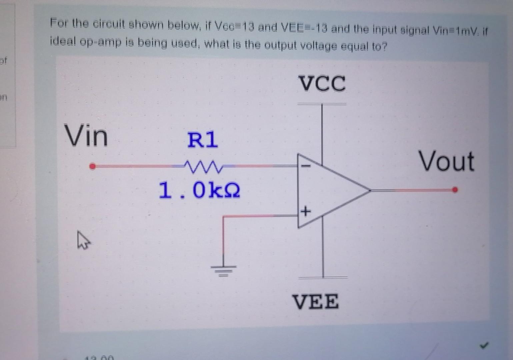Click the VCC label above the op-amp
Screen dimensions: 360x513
tap(322, 83)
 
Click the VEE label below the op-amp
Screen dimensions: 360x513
tap(316, 301)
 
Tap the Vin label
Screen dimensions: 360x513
tap(86, 135)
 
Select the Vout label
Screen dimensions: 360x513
tap(446, 161)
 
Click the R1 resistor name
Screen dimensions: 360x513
tap(202, 140)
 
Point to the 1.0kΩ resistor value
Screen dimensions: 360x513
tap(199, 190)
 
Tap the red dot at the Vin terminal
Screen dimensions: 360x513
tap(93, 166)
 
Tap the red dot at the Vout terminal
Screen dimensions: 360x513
tap(455, 190)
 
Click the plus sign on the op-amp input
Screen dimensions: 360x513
tap(306, 211)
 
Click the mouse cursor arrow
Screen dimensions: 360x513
tap(83, 240)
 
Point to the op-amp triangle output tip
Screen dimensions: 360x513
tap(370, 190)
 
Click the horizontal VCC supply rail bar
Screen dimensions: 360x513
tap(322, 104)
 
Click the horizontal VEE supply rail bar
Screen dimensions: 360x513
tap(323, 277)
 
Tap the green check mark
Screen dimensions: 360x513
tap(484, 346)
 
